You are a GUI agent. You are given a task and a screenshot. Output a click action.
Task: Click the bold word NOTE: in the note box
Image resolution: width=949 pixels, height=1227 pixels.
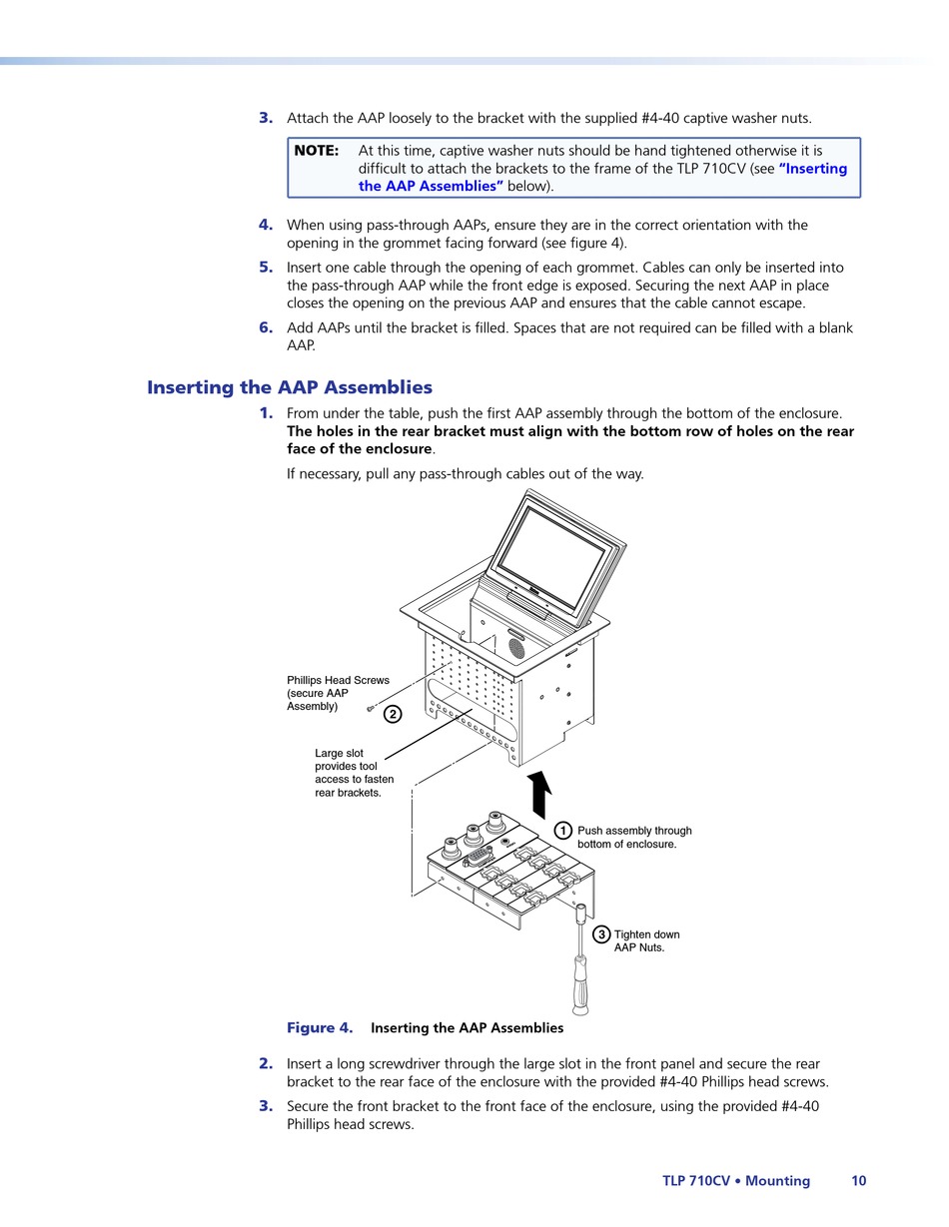coord(316,151)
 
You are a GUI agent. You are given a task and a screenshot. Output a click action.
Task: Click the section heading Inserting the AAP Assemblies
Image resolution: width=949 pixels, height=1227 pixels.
coord(290,387)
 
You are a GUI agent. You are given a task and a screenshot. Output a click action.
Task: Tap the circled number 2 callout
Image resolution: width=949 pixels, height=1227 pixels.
coord(393,714)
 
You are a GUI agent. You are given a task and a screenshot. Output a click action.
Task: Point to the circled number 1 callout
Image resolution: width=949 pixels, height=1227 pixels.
coord(563,831)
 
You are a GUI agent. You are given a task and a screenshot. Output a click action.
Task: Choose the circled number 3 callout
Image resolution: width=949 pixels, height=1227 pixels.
coord(601,934)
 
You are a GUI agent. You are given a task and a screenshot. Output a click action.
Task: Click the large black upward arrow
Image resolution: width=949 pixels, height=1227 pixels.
coord(539,795)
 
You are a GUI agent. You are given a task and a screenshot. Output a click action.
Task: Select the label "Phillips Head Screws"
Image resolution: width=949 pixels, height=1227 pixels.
coord(338,681)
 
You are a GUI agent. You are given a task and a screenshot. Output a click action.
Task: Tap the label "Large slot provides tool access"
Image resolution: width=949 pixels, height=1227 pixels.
coord(354,773)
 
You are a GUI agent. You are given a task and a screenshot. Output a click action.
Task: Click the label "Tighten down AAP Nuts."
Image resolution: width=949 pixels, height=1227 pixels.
coord(646,941)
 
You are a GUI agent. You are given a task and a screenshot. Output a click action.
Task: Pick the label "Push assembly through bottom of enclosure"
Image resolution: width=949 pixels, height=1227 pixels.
coord(634,838)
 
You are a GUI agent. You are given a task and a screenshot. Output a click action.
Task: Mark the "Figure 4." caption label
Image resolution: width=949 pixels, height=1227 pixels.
coord(320,1028)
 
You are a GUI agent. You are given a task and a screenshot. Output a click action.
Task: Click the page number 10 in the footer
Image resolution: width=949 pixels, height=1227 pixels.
coord(859,1181)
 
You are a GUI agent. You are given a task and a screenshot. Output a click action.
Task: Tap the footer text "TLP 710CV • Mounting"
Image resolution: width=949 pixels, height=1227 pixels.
coord(736,1181)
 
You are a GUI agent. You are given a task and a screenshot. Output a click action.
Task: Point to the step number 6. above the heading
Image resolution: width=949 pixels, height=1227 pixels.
coord(266,327)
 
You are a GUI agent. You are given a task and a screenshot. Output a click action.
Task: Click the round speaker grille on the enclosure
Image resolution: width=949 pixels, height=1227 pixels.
coord(516,648)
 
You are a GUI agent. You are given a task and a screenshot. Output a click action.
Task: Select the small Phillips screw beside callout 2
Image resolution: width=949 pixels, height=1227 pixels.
coord(371,708)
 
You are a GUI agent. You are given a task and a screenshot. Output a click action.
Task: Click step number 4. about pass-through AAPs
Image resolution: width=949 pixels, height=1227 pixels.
coord(266,225)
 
